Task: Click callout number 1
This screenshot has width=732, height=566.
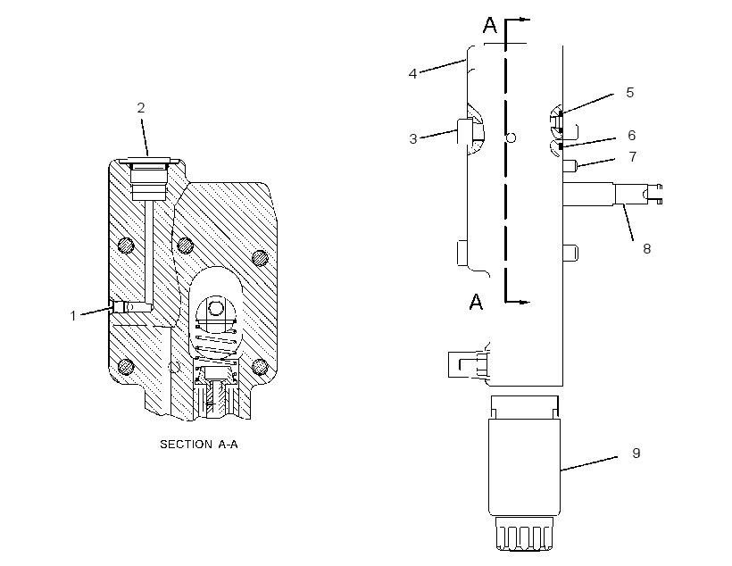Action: click(x=73, y=316)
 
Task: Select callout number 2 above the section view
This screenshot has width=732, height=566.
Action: click(x=141, y=108)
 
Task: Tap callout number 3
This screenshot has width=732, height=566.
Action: click(x=412, y=139)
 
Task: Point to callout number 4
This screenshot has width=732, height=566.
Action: click(x=412, y=74)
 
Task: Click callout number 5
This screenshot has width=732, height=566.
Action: click(x=629, y=93)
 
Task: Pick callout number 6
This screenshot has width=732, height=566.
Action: click(x=632, y=136)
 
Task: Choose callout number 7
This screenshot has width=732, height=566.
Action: click(x=633, y=156)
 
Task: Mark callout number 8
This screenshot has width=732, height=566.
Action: click(x=646, y=249)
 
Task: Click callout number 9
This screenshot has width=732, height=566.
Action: click(x=636, y=453)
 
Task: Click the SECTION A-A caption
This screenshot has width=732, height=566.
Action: click(x=199, y=444)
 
